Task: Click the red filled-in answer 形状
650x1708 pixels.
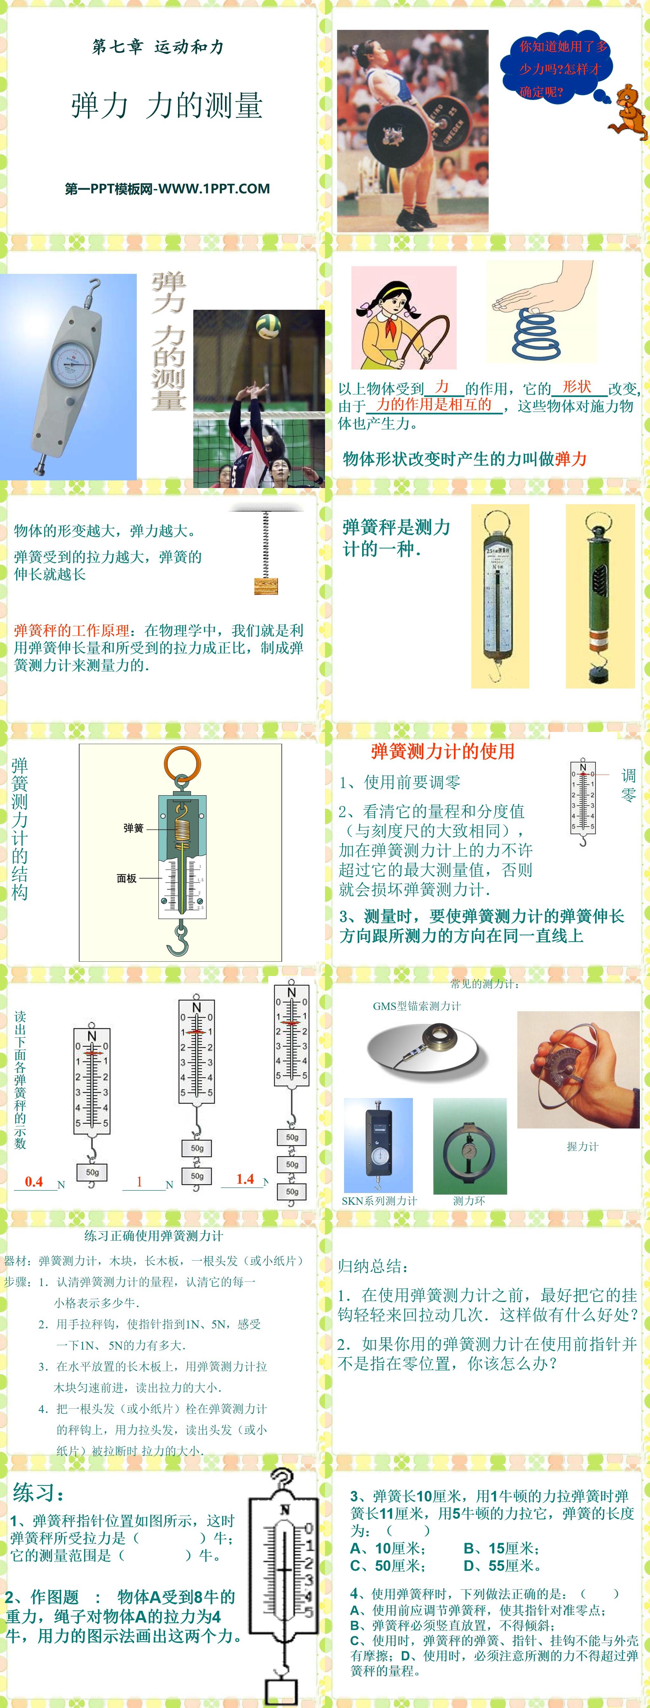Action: click(576, 387)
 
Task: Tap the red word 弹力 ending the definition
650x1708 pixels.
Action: click(571, 459)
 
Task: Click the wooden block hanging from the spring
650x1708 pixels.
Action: click(266, 586)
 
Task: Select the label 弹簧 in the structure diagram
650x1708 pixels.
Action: click(133, 828)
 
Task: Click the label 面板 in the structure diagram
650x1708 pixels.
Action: click(127, 878)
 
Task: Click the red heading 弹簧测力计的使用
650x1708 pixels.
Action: click(443, 751)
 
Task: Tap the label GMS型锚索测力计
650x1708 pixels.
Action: click(417, 1006)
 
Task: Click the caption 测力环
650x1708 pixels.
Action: click(469, 1201)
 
